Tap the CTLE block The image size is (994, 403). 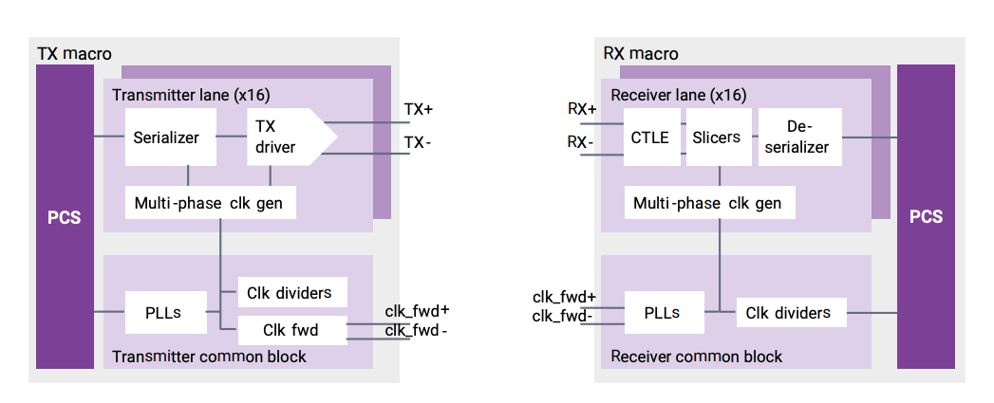[x=650, y=137]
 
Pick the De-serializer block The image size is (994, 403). [x=800, y=137]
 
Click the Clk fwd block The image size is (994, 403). [x=291, y=330]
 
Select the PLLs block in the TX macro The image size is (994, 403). [x=166, y=312]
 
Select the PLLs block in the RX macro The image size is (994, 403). [x=665, y=312]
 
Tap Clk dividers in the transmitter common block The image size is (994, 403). [x=291, y=292]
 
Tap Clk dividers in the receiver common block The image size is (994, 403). [x=790, y=312]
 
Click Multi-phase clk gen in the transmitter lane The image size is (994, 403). [x=209, y=203]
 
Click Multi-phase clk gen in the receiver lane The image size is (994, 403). [x=708, y=203]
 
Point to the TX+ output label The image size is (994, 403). [x=418, y=109]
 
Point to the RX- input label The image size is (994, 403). [x=581, y=142]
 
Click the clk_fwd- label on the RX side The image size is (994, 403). [x=564, y=316]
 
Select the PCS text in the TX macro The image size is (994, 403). [x=65, y=217]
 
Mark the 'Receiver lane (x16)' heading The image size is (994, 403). [x=679, y=96]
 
